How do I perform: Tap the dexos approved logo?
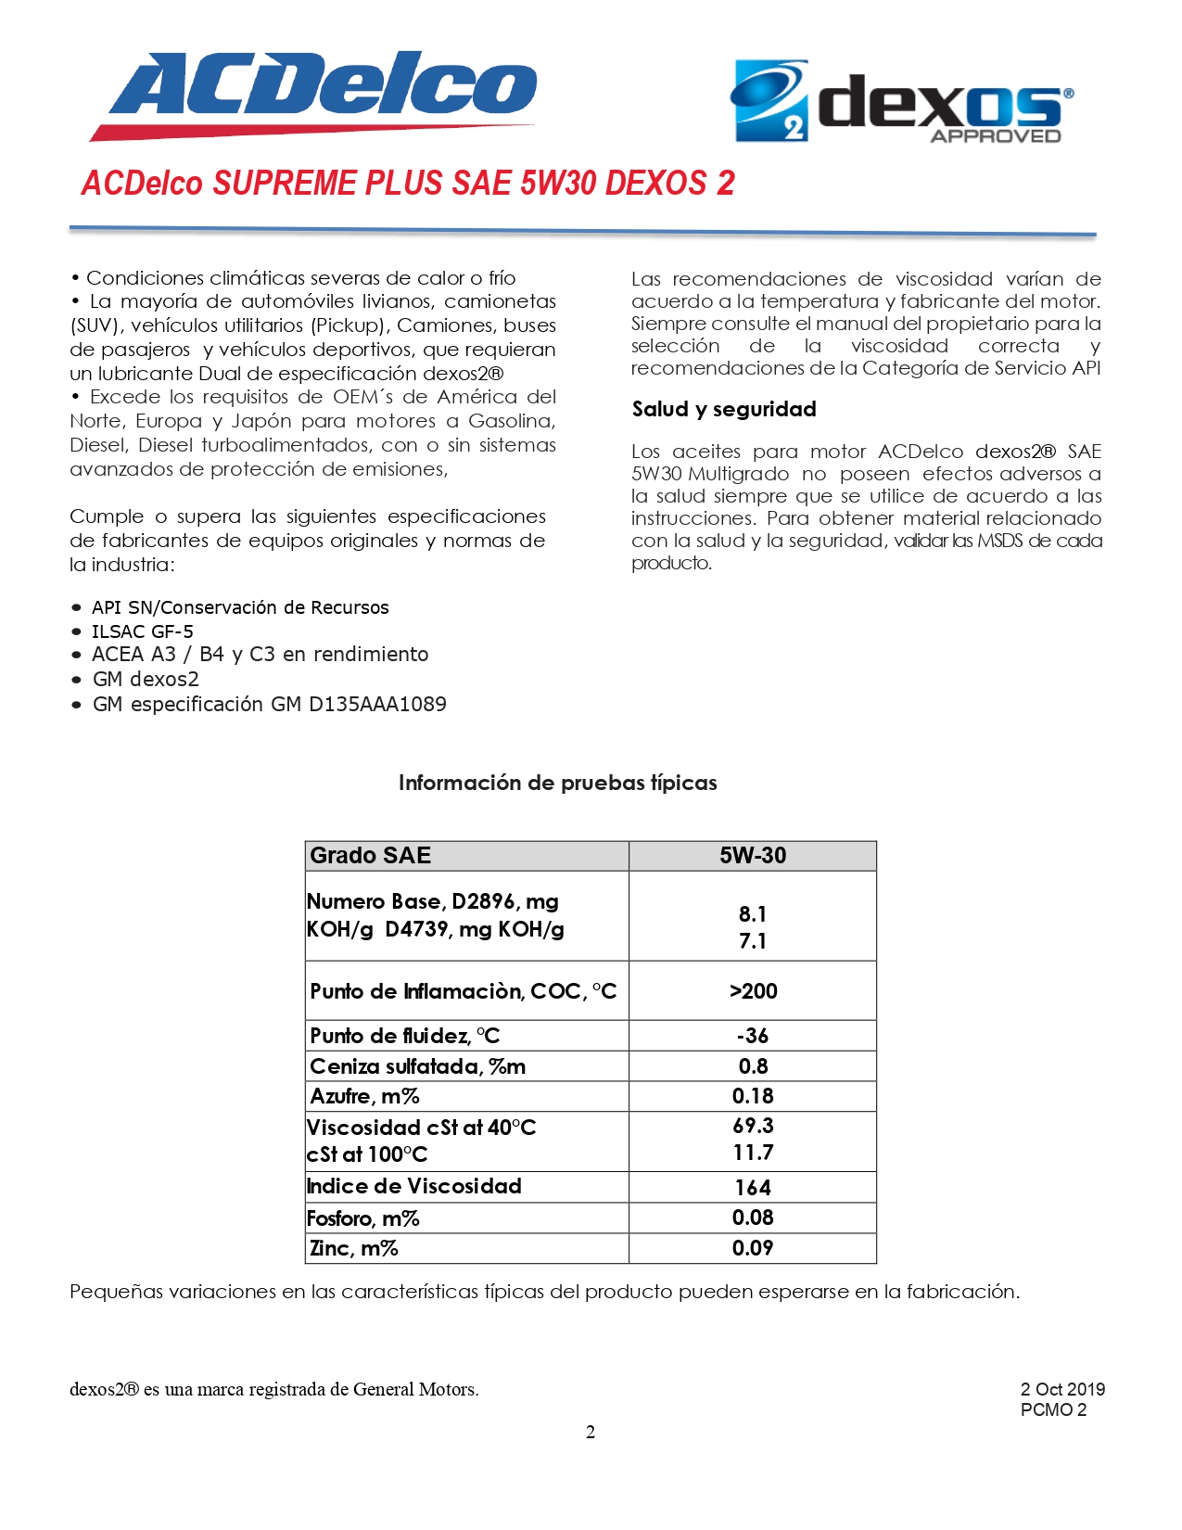(x=903, y=102)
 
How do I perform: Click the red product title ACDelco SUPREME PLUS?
(x=408, y=183)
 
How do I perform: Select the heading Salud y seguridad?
(x=724, y=409)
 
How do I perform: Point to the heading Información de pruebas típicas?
(x=557, y=783)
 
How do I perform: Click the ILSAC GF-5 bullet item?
(x=143, y=631)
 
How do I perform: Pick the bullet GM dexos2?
(x=146, y=680)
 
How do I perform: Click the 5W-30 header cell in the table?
(x=753, y=856)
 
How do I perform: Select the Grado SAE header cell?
(x=371, y=856)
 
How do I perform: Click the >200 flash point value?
(x=753, y=991)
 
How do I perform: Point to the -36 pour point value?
(x=753, y=1036)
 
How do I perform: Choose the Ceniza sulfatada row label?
(x=417, y=1066)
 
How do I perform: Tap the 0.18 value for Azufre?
(x=753, y=1096)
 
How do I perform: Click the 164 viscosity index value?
(x=753, y=1188)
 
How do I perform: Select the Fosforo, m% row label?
(x=363, y=1218)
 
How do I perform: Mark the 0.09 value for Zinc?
(x=753, y=1248)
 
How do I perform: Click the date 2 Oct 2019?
(x=1062, y=1389)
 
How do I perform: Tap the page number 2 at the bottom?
(x=591, y=1433)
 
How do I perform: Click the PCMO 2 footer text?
(x=1053, y=1410)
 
